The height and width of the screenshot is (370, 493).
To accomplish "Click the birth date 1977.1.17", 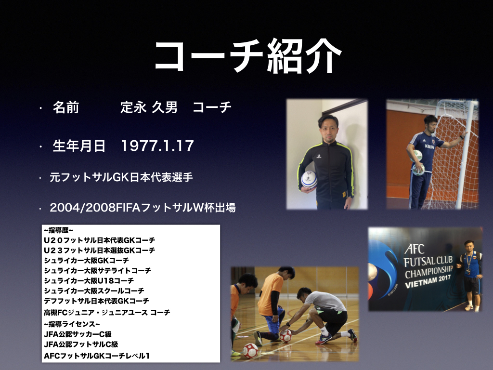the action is (x=157, y=146).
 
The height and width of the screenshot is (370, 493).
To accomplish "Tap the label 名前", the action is (x=65, y=107).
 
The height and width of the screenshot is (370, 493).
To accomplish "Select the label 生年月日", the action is (x=79, y=146).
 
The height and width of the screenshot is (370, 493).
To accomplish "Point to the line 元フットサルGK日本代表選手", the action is (x=121, y=177).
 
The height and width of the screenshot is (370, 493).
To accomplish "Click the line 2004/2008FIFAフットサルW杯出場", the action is (x=143, y=208).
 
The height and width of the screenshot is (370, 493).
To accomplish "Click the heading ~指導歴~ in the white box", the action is (x=58, y=230).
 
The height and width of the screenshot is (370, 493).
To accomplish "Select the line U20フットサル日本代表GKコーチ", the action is (x=99, y=240).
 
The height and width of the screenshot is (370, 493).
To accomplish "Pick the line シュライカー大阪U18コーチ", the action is (x=89, y=281).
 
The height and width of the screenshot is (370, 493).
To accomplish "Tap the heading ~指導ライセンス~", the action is (x=72, y=324).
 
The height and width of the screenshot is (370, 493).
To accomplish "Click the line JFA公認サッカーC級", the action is (x=78, y=334).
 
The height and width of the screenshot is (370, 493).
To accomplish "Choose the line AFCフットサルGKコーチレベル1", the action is (x=96, y=356).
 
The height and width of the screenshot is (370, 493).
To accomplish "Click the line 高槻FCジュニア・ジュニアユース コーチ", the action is (x=107, y=312).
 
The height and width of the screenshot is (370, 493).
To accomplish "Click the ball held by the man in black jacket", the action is (x=309, y=180).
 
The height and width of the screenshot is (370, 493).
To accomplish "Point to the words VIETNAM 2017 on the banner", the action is (x=428, y=281).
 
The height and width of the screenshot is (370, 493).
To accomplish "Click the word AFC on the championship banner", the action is (x=414, y=249).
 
